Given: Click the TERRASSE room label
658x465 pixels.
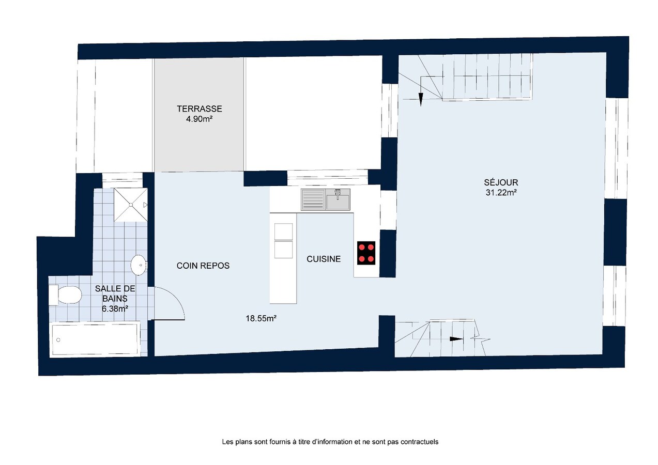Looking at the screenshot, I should click(x=199, y=109).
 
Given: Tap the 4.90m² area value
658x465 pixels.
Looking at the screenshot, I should click(x=199, y=119).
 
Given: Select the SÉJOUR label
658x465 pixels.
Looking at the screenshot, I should click(x=500, y=182).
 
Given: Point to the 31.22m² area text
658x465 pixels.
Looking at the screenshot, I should click(x=500, y=192).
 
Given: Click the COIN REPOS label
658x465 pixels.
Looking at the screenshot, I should click(x=203, y=266).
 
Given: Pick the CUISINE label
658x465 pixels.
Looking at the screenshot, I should click(x=324, y=259).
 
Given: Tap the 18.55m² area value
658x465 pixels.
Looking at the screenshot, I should click(x=261, y=319).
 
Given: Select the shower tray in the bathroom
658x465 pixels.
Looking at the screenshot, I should click(x=130, y=205).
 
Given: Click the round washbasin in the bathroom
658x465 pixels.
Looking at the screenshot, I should click(x=139, y=265).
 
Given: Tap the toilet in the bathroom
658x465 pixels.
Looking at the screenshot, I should click(x=66, y=296).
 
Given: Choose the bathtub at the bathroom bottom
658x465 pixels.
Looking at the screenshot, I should click(x=95, y=339).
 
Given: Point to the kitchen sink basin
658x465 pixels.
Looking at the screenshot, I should click(x=337, y=199).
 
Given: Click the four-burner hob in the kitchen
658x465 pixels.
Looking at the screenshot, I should click(x=366, y=253).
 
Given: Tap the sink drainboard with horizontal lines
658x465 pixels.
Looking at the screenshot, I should click(x=312, y=199).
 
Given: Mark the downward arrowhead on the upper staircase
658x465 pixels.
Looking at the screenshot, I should click(x=421, y=100).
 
